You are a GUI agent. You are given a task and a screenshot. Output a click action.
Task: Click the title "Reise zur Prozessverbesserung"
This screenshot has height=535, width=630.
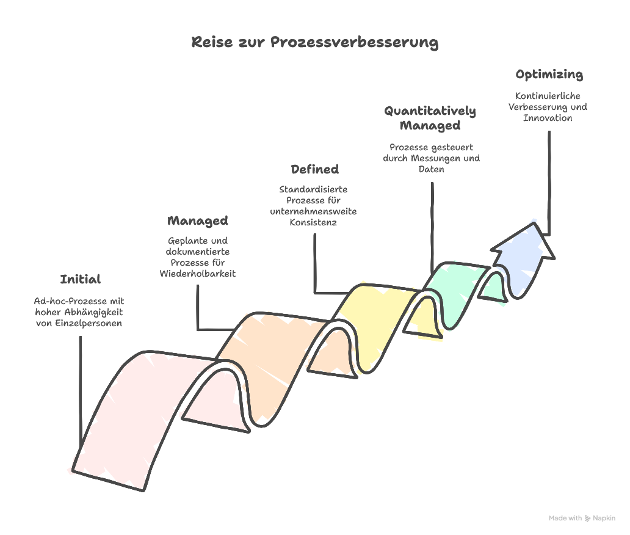314,42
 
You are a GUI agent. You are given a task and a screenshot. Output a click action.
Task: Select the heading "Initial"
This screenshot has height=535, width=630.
80,280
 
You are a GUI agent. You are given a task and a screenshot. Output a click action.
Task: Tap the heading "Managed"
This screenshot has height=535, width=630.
197,221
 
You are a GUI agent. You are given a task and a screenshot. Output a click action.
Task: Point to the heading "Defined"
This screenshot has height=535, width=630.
314,169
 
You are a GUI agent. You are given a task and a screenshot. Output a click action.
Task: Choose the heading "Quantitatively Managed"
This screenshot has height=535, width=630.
430,118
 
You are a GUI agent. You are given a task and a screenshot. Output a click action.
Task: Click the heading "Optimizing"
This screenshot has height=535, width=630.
549,75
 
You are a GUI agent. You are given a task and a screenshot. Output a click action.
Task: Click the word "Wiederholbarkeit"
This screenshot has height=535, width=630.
198,274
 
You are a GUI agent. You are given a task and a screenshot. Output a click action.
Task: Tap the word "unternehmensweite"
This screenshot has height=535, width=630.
314,211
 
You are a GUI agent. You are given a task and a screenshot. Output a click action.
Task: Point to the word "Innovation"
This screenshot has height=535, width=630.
548,118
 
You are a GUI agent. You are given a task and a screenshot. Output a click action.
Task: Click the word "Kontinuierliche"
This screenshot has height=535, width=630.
548,96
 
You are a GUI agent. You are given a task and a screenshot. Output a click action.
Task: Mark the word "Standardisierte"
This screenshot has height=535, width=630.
313,189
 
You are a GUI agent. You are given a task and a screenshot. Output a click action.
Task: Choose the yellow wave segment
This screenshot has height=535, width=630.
378,311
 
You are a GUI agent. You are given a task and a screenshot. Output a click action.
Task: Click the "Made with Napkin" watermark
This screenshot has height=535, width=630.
582,519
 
